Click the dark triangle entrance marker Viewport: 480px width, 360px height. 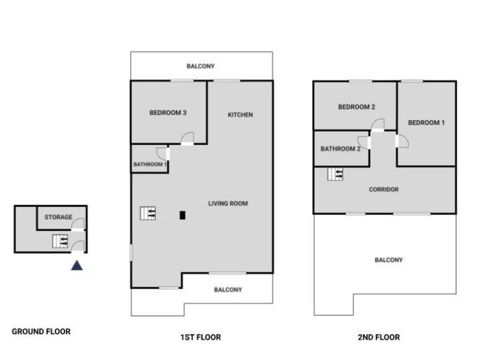[x=77, y=266]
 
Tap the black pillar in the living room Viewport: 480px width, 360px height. [x=182, y=215]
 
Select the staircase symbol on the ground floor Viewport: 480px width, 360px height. [x=60, y=241]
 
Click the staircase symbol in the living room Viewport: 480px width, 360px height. [x=148, y=213]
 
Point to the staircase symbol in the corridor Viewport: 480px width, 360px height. [x=335, y=174]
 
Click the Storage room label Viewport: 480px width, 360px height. [x=59, y=217]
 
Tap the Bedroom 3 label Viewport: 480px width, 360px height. [x=168, y=112]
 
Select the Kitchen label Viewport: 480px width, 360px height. [x=240, y=115]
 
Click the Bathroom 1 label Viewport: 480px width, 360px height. [x=150, y=165]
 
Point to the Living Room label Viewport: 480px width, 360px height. [x=228, y=203]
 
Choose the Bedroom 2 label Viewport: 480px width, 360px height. [x=356, y=107]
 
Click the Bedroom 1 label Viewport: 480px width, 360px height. [x=426, y=123]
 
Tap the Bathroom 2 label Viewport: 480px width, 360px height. [x=340, y=149]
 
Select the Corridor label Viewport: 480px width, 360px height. [x=383, y=190]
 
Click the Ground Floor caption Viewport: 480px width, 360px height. [x=41, y=331]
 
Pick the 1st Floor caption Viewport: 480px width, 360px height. [x=201, y=337]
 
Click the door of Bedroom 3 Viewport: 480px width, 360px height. [x=187, y=139]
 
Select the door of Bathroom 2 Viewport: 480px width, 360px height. [x=364, y=142]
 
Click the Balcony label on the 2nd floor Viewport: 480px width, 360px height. [x=388, y=260]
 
